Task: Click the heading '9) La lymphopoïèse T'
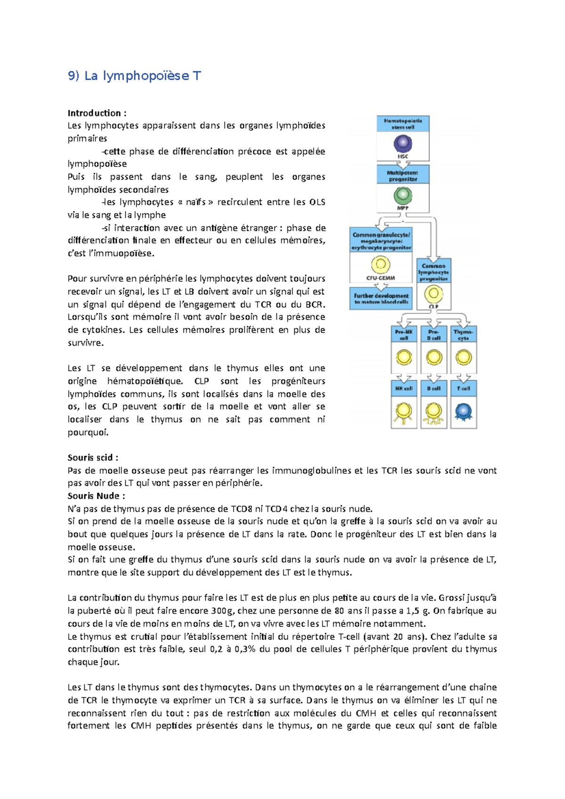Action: (134, 76)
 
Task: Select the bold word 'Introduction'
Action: (94, 113)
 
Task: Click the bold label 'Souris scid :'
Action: (93, 457)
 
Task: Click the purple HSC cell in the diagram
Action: (403, 144)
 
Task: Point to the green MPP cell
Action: (403, 195)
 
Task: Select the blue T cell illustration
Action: (463, 412)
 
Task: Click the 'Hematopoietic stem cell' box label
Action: (403, 124)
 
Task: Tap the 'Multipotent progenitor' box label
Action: (403, 176)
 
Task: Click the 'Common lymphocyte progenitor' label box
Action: (434, 272)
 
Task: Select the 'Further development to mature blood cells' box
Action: (381, 299)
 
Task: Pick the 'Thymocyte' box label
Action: (463, 335)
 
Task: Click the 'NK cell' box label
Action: (404, 388)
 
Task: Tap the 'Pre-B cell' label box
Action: (434, 335)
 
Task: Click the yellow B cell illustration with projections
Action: (434, 412)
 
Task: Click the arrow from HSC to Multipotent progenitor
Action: (403, 164)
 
